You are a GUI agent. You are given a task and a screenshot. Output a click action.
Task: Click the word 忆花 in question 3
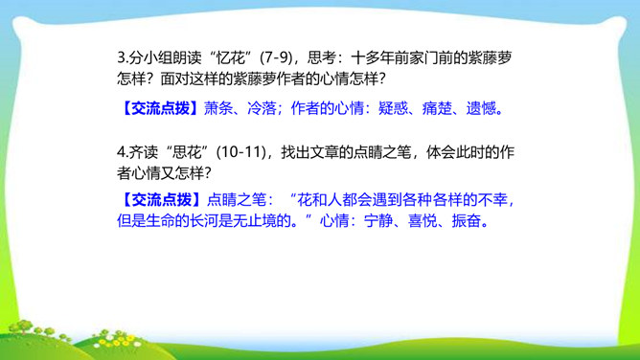pyautogui.click(x=230, y=57)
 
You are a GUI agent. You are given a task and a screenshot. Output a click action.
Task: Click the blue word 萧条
pyautogui.click(x=218, y=108)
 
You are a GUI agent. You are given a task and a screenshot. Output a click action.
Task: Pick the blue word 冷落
pyautogui.click(x=263, y=108)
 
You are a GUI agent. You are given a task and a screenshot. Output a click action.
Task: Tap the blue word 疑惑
pyautogui.click(x=393, y=108)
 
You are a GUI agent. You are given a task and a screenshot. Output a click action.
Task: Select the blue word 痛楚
pyautogui.click(x=437, y=108)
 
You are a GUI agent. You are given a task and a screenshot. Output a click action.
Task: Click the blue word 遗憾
pyautogui.click(x=480, y=108)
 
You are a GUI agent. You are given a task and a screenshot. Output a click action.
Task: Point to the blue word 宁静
pyautogui.click(x=378, y=221)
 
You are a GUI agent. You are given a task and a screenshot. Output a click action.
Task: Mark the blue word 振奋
pyautogui.click(x=466, y=221)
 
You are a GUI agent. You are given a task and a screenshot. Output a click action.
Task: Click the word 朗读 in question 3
pyautogui.click(x=187, y=57)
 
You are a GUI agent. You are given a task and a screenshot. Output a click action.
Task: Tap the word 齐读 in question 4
pyautogui.click(x=143, y=152)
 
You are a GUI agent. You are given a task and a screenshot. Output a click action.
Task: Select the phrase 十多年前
pyautogui.click(x=379, y=57)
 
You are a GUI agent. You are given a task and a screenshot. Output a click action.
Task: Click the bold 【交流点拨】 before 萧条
pyautogui.click(x=160, y=108)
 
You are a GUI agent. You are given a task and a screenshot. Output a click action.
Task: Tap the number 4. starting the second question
pyautogui.click(x=123, y=152)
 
